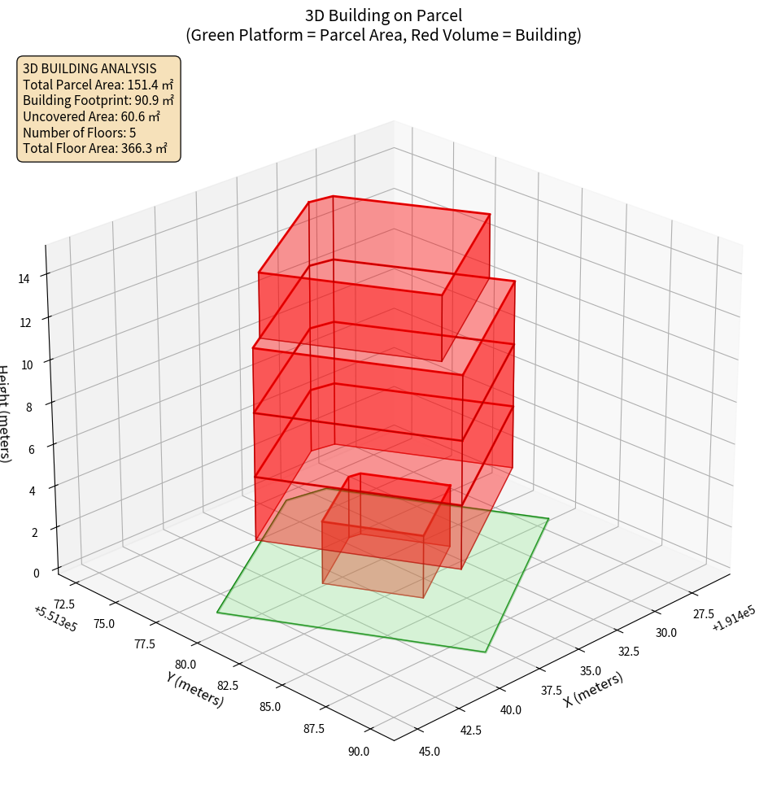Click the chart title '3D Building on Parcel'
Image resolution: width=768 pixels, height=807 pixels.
[x=383, y=15]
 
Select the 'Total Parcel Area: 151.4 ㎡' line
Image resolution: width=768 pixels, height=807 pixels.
[x=98, y=84]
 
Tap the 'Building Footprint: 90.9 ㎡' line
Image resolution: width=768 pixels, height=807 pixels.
[x=98, y=100]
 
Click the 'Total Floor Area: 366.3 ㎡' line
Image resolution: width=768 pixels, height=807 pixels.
[x=95, y=148]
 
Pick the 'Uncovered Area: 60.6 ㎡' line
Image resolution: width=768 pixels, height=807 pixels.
[x=91, y=116]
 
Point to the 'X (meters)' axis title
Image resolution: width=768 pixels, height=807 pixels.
[x=593, y=688]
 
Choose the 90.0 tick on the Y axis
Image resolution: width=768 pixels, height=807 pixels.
[x=358, y=751]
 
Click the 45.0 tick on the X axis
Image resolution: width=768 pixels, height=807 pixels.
[x=429, y=751]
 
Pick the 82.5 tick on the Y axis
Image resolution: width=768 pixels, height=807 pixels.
[x=223, y=685]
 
